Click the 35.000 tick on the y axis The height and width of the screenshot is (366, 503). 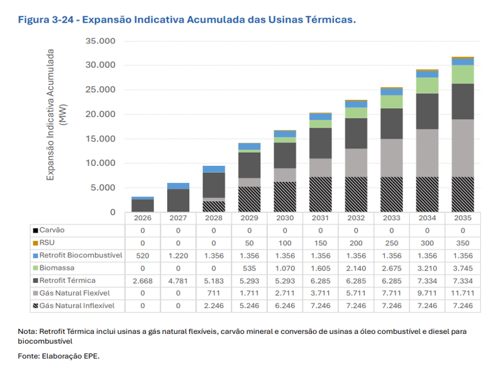point(101,41)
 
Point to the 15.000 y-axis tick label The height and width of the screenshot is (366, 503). point(101,139)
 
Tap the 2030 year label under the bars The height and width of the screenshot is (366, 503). point(285,218)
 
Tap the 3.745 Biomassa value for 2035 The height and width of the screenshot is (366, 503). point(462,267)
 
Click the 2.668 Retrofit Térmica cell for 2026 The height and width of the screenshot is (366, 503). point(143,280)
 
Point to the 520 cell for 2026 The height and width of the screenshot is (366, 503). point(143,255)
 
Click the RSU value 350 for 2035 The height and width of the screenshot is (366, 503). point(462,243)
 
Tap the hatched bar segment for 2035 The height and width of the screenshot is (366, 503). point(462,194)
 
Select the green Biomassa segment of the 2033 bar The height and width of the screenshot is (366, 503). point(391,101)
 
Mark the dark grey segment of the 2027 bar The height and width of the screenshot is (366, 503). point(178,200)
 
